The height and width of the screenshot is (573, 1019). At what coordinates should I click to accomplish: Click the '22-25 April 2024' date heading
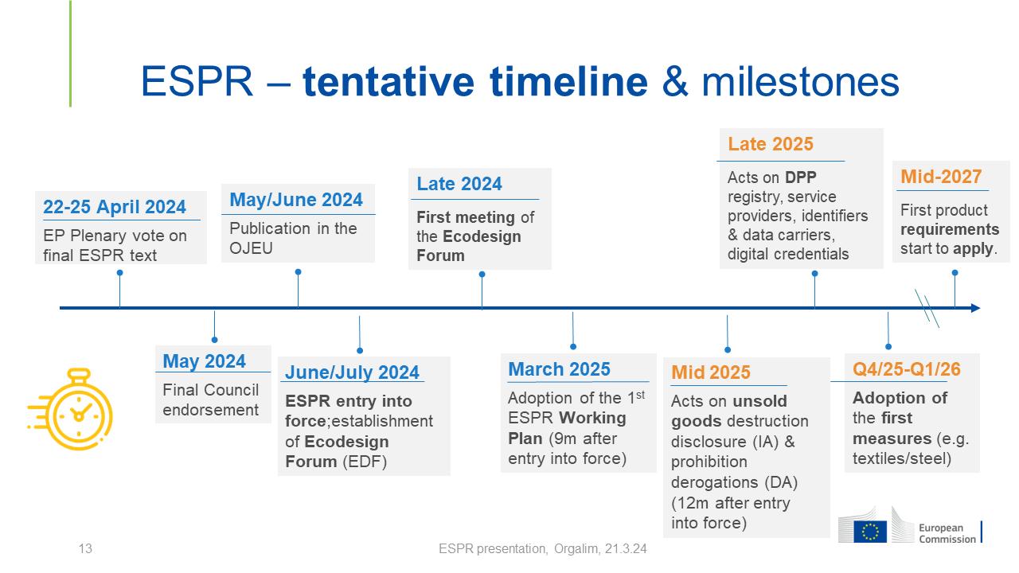115,207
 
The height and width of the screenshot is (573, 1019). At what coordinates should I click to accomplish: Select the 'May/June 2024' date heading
296,200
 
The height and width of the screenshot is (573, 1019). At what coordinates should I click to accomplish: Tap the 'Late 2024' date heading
459,184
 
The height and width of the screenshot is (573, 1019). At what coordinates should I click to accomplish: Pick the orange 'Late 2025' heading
770,144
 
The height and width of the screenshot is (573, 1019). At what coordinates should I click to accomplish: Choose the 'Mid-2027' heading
941,177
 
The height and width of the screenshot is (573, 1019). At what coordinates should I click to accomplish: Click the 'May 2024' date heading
205,361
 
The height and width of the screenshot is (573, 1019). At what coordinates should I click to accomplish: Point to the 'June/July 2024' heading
352,372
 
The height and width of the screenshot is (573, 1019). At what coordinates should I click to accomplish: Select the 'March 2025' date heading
559,369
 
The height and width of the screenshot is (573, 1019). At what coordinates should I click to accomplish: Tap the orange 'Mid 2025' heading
711,372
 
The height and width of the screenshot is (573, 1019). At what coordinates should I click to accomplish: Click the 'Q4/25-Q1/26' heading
906,369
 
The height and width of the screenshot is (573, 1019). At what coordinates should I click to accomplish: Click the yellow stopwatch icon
72,409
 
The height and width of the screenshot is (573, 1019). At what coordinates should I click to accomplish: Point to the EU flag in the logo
870,532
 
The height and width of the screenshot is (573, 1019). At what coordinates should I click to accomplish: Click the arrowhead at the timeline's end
975,308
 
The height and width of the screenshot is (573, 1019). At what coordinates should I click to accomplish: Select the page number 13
85,548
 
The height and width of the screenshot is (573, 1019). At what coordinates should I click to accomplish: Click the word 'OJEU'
251,248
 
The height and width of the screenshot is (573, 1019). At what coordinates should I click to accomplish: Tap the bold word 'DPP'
801,177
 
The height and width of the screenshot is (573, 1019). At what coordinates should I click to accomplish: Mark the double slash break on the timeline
927,308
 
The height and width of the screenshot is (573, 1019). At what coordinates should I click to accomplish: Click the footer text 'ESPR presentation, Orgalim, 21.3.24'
542,549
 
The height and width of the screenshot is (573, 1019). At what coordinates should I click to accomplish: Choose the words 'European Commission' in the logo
947,533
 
